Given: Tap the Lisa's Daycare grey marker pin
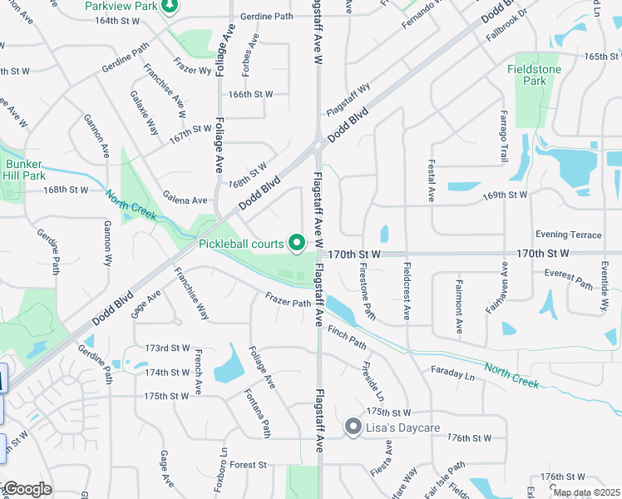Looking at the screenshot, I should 353,428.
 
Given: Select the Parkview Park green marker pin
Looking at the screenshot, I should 169,7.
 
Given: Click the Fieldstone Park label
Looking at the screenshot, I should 534,75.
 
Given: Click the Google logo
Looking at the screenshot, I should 27,489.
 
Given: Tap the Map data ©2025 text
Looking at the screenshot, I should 586,492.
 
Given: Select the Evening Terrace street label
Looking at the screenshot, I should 568,235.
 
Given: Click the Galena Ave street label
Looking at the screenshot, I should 185,200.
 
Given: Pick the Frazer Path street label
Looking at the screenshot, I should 288,299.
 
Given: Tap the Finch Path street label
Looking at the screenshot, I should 347,337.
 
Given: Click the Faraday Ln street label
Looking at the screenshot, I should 452,373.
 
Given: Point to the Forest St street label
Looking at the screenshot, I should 248,465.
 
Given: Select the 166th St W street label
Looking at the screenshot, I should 250,94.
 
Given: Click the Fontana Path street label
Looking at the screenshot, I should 257,413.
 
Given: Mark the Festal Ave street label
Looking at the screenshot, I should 432,182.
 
